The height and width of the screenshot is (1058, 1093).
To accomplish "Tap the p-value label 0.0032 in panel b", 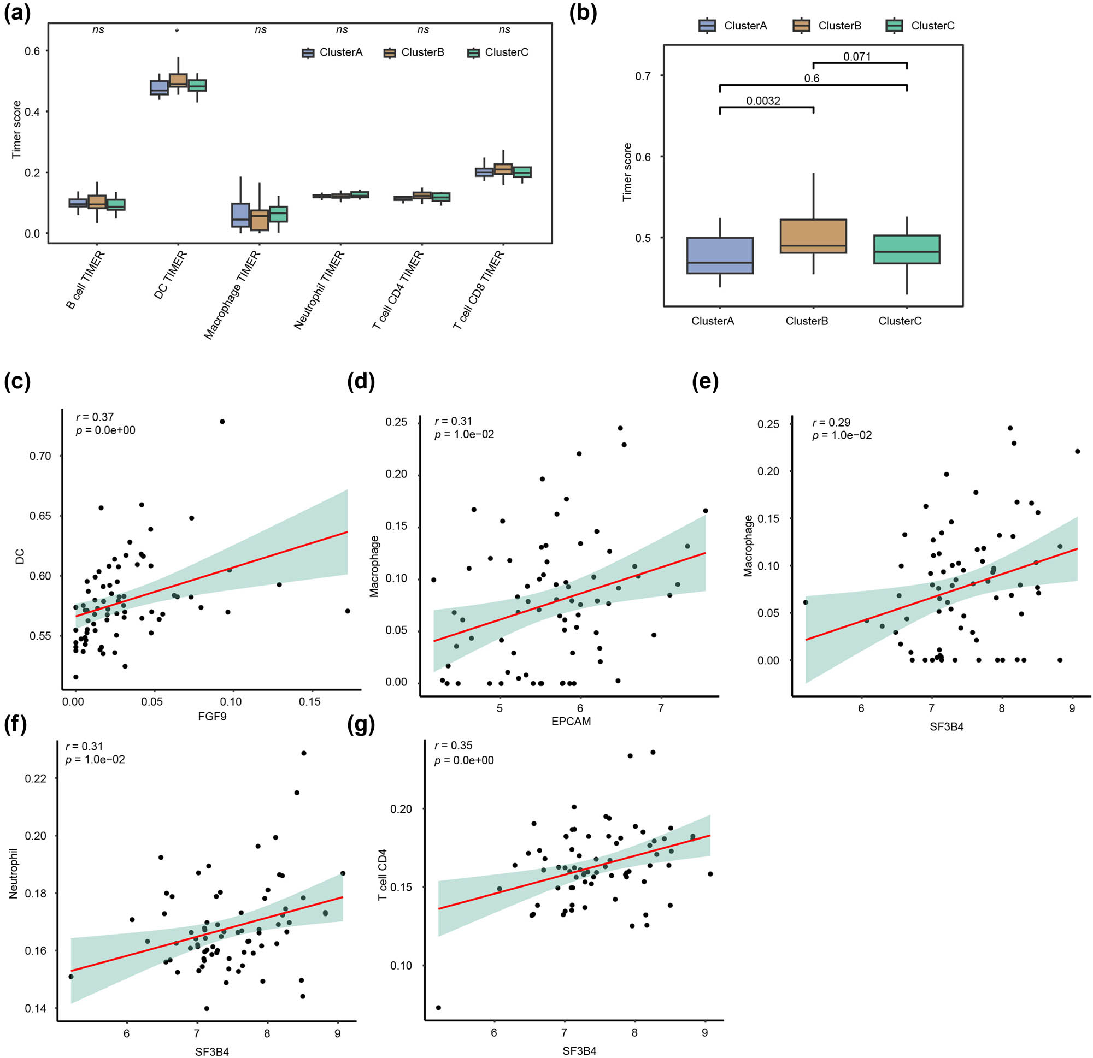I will click(x=763, y=101).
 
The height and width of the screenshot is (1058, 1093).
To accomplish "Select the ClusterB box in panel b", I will click(x=813, y=237).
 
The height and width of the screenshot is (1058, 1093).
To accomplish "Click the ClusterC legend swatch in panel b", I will click(x=894, y=26).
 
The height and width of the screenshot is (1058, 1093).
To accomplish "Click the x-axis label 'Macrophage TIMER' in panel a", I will click(x=232, y=295).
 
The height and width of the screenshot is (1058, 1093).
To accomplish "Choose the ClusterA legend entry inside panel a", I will click(x=332, y=52).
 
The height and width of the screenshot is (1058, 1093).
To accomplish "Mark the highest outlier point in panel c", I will click(x=222, y=422).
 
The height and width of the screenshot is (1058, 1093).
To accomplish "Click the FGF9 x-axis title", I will click(x=212, y=716).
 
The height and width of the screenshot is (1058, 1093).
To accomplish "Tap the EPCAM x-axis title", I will click(x=571, y=722).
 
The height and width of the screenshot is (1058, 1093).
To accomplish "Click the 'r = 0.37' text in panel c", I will click(x=95, y=417).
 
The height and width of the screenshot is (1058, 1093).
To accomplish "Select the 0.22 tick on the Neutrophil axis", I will click(x=36, y=778).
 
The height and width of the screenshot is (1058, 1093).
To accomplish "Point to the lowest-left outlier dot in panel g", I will click(x=438, y=1008).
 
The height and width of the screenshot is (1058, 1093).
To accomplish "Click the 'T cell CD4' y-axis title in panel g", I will click(x=383, y=874).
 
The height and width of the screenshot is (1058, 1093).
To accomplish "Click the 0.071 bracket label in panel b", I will click(x=856, y=57).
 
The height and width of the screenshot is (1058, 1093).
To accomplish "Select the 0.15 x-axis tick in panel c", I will click(x=309, y=702).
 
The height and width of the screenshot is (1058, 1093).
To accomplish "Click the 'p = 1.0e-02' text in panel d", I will click(x=464, y=434).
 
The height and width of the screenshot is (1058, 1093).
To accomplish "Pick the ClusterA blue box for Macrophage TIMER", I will click(x=240, y=215).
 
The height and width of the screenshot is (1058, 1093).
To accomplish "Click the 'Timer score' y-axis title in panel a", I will click(x=16, y=129).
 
